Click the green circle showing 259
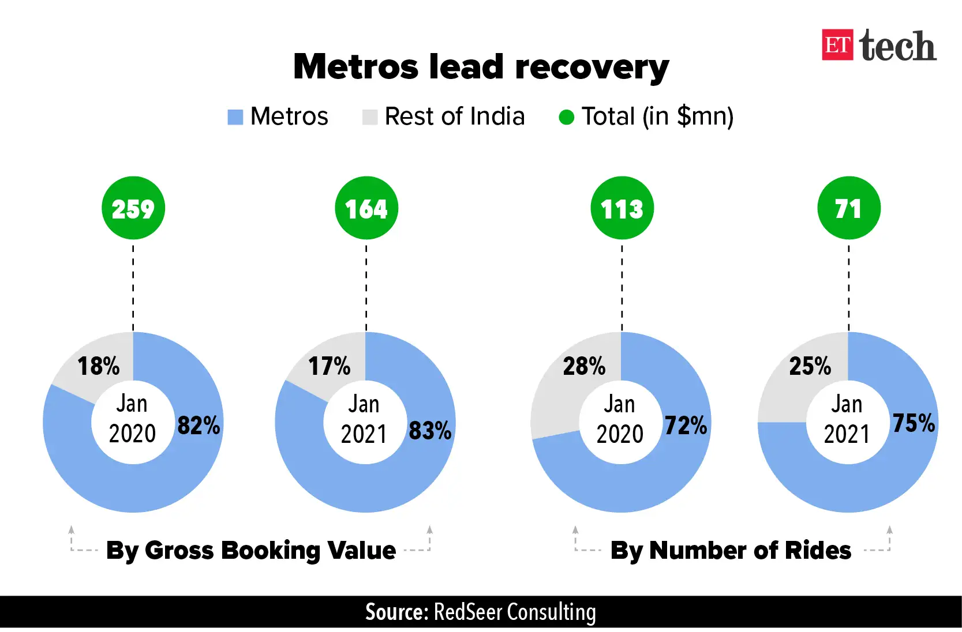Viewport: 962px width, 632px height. (x=133, y=208)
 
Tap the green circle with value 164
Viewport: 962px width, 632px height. (x=366, y=208)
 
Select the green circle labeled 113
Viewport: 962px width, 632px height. (x=622, y=208)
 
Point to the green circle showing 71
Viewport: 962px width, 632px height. (x=849, y=208)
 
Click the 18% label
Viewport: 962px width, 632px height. (x=99, y=366)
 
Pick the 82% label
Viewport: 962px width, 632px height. (x=199, y=426)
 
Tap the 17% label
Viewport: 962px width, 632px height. (x=330, y=366)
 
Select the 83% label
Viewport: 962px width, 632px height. (x=430, y=430)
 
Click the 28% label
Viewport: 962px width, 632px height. (x=585, y=366)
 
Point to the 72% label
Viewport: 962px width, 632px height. (x=686, y=426)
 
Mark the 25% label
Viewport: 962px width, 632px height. (x=810, y=366)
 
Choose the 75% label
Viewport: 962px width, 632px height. (x=914, y=423)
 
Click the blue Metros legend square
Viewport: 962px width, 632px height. (x=235, y=117)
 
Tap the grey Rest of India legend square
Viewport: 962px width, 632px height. (x=370, y=117)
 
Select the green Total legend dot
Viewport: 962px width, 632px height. (x=567, y=117)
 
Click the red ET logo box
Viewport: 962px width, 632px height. (x=837, y=45)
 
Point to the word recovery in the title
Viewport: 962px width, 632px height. (x=592, y=68)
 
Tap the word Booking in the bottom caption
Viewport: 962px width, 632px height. (x=271, y=551)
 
